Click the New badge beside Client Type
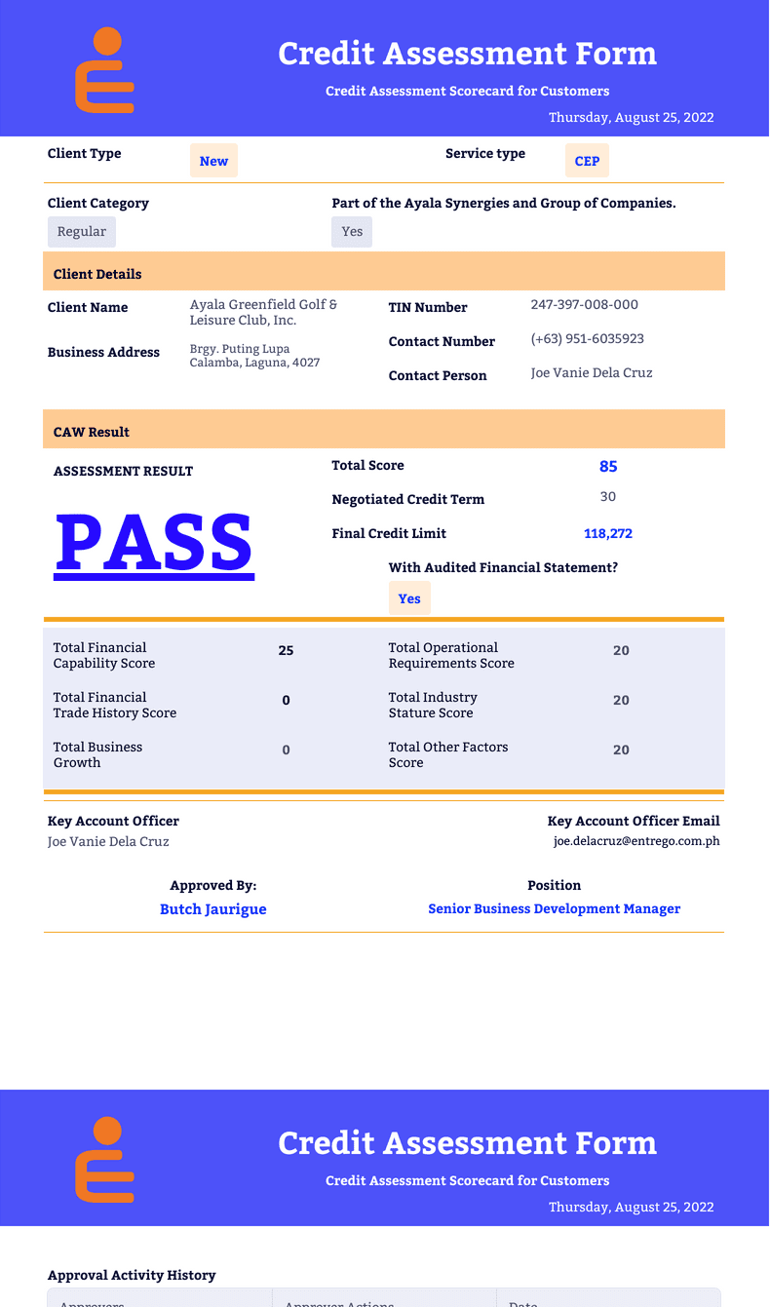(x=213, y=161)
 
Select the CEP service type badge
(x=587, y=161)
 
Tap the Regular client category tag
(x=82, y=232)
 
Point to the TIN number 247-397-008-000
(x=584, y=305)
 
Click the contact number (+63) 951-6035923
(x=587, y=339)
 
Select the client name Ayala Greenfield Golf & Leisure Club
(x=263, y=312)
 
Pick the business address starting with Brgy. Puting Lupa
(x=254, y=356)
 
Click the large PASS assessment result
(x=154, y=542)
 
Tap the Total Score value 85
(x=608, y=467)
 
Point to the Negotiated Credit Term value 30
(x=608, y=497)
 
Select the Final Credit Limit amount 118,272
(x=608, y=534)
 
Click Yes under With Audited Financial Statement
(x=409, y=598)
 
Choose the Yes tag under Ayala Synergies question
(x=352, y=232)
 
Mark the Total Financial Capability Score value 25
(x=286, y=651)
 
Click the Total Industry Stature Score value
(x=621, y=701)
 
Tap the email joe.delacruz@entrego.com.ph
(x=636, y=841)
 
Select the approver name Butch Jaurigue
(x=212, y=909)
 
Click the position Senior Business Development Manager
(x=554, y=909)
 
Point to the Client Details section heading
(x=97, y=275)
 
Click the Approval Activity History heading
(x=132, y=1275)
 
